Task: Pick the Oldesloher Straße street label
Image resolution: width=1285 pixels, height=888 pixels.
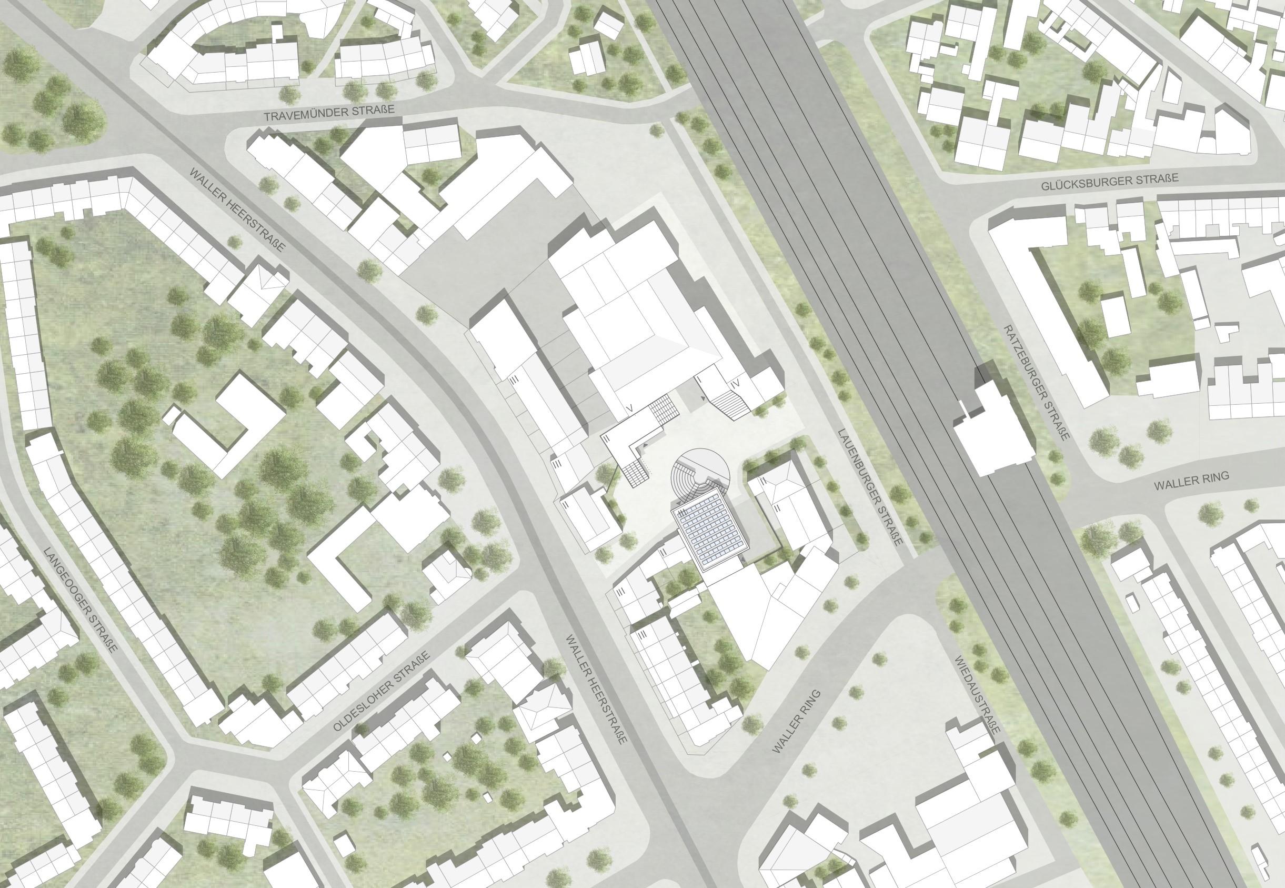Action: tap(382, 692)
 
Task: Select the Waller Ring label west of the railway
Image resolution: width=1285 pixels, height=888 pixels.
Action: tap(797, 722)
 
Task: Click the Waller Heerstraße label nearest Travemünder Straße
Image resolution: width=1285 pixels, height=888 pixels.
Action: tap(237, 209)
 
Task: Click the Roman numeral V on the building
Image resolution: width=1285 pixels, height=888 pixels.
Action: tap(629, 409)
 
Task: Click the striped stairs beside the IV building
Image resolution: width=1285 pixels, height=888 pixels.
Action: tap(729, 404)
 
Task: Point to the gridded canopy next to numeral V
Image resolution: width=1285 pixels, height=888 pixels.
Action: tap(664, 408)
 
